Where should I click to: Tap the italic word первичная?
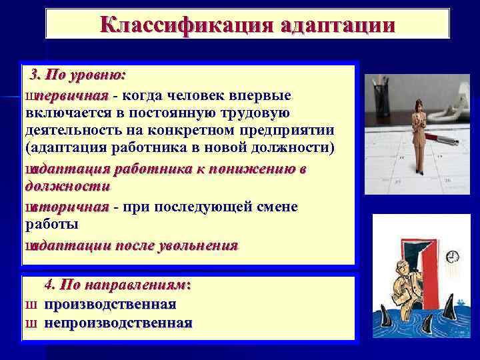pyautogui.click(x=73, y=95)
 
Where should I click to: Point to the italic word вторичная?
pyautogui.click(x=73, y=207)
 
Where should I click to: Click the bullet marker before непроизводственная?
pyautogui.click(x=30, y=324)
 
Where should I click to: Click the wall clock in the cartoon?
pyautogui.click(x=453, y=257)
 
